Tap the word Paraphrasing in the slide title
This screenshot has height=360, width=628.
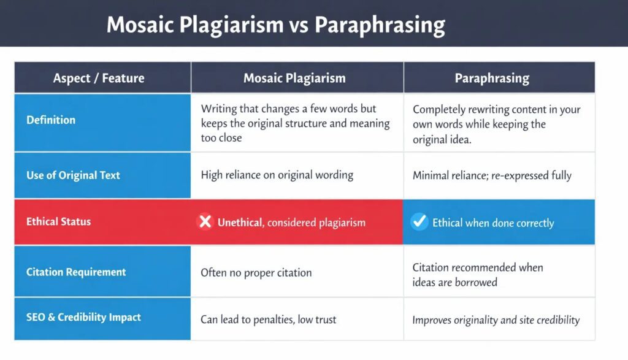point(380,25)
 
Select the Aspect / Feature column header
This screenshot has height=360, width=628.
point(99,79)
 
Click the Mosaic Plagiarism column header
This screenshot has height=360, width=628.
point(294,79)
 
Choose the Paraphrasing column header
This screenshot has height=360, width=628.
point(492,79)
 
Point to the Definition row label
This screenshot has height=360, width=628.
point(51,120)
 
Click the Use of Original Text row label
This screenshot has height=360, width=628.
point(73,175)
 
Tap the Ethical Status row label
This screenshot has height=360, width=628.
point(58,221)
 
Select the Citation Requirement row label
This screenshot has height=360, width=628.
point(76,272)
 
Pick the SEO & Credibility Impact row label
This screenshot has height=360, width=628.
point(83,318)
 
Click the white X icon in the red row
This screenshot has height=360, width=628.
point(205,222)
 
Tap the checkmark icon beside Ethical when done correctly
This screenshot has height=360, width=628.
point(419,221)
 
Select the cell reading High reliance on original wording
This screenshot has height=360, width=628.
point(277,175)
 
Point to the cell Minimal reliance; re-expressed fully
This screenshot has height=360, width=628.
point(492,176)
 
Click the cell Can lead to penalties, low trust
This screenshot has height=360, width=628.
point(268,320)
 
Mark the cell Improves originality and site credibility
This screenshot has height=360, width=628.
point(496,320)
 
